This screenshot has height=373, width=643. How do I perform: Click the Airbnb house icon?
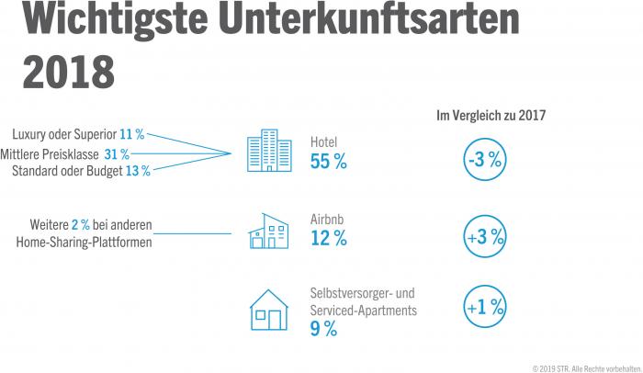[x=268, y=232]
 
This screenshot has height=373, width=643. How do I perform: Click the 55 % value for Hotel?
[x=329, y=163]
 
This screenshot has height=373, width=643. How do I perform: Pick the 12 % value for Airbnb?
[x=329, y=240]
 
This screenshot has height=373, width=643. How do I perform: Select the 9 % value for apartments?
[x=323, y=328]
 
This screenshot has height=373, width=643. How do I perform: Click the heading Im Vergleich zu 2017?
[x=491, y=115]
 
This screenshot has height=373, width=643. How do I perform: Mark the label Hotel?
[x=324, y=143]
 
